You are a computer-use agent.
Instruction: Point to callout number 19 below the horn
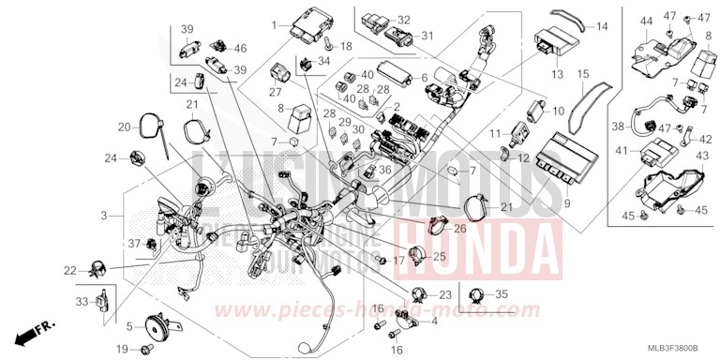tap(122, 349)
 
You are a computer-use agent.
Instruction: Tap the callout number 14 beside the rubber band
tap(602, 26)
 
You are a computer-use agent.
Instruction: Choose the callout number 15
tap(582, 74)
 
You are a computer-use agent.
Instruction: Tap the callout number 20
tap(124, 127)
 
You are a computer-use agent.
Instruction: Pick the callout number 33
tap(82, 301)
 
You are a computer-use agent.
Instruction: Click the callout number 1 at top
tap(277, 22)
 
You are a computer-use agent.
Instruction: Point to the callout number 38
tap(617, 126)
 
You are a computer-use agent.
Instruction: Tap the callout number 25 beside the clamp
tap(438, 257)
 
